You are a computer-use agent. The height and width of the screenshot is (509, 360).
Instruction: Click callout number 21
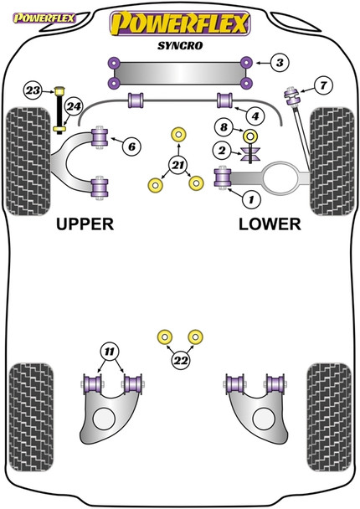point(177,166)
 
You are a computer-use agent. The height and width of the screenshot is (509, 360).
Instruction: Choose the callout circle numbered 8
point(222,128)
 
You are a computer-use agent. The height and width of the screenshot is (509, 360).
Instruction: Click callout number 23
point(32,90)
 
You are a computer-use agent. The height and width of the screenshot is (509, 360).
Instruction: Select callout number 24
point(75,106)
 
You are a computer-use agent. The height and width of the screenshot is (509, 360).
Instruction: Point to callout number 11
point(109,350)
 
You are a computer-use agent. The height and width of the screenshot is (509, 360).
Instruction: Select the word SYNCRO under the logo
point(178,49)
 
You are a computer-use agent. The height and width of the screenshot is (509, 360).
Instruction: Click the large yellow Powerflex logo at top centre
point(178,23)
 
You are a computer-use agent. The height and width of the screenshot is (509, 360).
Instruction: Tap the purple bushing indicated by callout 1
point(224,177)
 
